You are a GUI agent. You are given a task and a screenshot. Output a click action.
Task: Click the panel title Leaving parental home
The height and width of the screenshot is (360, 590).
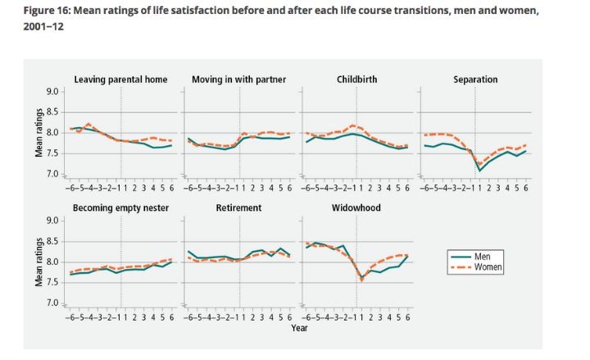[120, 80]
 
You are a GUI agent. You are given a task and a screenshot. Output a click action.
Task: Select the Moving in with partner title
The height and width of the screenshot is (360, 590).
[238, 80]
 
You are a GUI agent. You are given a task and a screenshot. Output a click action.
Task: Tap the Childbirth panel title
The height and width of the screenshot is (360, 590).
[356, 80]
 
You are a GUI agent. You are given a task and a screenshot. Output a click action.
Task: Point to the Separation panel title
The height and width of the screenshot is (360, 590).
[475, 80]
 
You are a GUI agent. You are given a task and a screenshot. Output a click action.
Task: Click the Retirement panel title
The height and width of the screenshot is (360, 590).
[238, 208]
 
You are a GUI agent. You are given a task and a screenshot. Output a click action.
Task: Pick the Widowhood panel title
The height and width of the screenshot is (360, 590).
[356, 208]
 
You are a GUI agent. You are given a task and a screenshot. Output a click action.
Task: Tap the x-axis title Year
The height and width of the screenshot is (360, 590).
[298, 326]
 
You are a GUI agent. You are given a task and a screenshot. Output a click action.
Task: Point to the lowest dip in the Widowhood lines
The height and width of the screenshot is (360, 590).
[361, 280]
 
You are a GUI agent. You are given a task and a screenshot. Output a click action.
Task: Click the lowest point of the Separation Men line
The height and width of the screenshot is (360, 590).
[480, 170]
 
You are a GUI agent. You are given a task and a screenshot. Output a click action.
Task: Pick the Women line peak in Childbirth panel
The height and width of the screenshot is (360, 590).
[352, 125]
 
